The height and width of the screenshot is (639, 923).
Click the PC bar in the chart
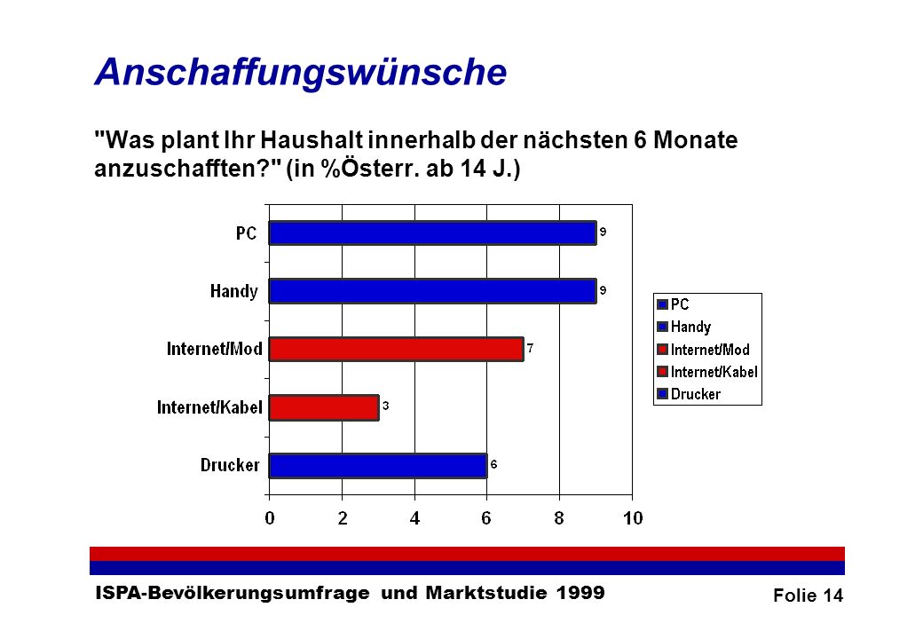(x=433, y=233)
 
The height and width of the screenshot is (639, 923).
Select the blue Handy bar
(x=433, y=291)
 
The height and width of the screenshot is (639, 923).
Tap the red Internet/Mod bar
(x=396, y=349)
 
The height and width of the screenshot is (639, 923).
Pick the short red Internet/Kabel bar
(x=324, y=407)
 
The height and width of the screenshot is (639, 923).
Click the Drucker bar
(x=378, y=465)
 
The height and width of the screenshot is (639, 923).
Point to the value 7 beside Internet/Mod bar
(x=531, y=348)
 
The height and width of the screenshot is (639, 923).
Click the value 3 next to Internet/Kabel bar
(x=385, y=406)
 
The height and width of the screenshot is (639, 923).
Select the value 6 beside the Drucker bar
(x=493, y=464)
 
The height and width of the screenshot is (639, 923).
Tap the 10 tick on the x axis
(x=633, y=518)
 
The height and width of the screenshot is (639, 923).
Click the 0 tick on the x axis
(x=270, y=518)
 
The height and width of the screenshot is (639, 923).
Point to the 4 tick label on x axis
(x=415, y=518)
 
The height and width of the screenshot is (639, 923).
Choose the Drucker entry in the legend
(x=689, y=394)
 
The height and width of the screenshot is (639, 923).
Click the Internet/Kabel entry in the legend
(x=707, y=371)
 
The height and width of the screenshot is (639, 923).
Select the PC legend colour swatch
(x=662, y=304)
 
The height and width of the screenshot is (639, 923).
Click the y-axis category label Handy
(x=234, y=291)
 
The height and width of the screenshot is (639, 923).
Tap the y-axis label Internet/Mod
(x=214, y=349)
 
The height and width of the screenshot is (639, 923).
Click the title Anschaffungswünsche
(x=301, y=73)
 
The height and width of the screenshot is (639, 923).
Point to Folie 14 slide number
(x=809, y=596)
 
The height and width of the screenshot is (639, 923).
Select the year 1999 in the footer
(x=580, y=593)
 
